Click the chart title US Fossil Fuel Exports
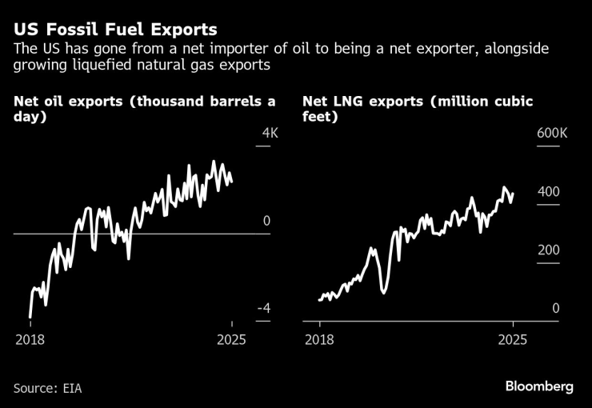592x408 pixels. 114,30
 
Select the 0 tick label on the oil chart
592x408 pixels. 267,221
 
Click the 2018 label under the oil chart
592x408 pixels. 30,339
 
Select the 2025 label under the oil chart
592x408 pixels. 231,339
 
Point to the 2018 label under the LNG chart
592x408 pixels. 319,339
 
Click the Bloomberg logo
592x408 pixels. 539,386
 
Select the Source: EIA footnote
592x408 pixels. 48,388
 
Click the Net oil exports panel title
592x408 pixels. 145,109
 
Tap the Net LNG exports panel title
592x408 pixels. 418,109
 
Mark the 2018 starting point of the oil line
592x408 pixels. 30,317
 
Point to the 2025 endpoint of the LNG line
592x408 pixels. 512,194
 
